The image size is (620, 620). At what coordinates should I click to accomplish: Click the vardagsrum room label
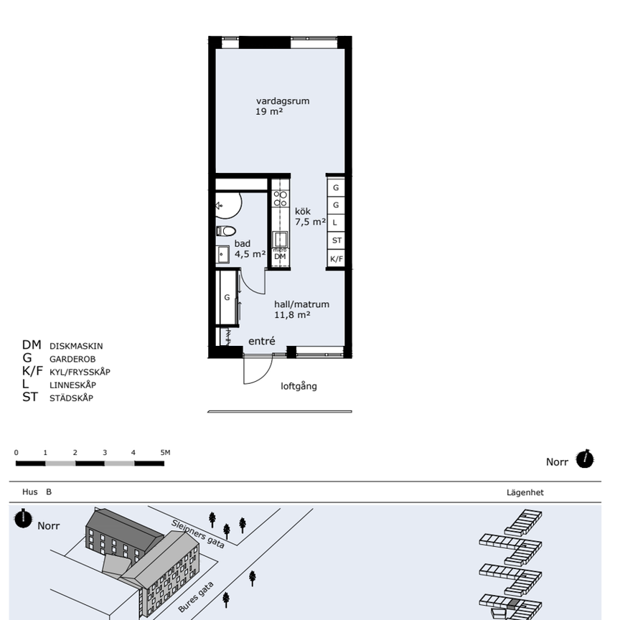point(282,101)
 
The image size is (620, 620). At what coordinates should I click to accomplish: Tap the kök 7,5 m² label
point(310,216)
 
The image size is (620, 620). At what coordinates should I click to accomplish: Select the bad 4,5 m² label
point(250,249)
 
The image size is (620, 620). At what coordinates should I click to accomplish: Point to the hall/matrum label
point(301,304)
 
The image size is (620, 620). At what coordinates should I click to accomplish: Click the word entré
point(262,341)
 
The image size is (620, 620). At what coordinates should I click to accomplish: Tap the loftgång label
point(299,386)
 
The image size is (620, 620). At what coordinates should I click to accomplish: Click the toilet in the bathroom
point(226,231)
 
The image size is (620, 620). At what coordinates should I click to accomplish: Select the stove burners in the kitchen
point(281,199)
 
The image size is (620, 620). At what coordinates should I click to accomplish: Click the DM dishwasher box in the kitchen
point(280,257)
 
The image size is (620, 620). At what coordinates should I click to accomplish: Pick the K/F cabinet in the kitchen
point(337,259)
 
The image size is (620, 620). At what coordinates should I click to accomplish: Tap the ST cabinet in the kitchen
point(337,240)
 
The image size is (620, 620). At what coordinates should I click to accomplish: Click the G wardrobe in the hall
point(227,297)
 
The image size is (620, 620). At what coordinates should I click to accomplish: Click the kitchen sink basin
point(281,240)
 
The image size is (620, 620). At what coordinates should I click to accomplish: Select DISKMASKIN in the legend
point(76,346)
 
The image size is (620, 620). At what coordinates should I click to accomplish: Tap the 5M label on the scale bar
point(165,452)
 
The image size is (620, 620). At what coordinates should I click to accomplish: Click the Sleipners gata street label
point(198,534)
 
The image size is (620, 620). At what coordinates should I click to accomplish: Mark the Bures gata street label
point(196,597)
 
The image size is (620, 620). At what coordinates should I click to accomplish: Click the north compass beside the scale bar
point(584,459)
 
